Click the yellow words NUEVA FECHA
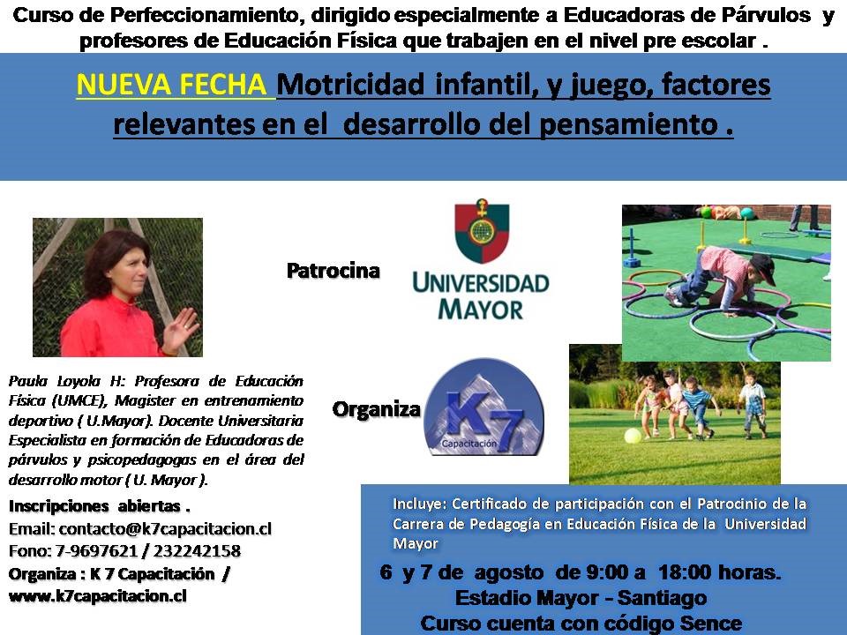171,85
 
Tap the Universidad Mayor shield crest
482,231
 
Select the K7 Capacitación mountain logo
484,407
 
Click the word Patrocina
334,271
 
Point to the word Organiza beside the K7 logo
377,409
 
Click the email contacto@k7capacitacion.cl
165,528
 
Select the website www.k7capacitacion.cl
98,596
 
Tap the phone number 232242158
197,550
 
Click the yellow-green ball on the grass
633,436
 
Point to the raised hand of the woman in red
182,329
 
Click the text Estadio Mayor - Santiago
581,598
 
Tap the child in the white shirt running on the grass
753,402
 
